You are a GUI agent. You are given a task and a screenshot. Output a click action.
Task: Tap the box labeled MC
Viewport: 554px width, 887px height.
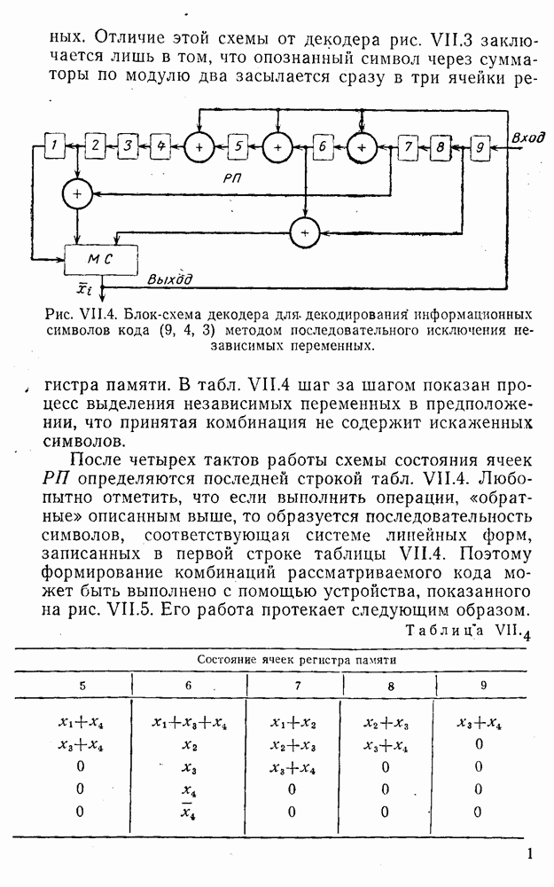102,259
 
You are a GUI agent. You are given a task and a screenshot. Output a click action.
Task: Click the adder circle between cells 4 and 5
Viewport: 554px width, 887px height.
199,145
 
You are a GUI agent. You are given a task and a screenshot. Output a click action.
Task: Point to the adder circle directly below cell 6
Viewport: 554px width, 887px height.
304,231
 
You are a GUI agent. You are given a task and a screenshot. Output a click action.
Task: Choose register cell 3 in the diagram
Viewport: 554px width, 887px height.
128,145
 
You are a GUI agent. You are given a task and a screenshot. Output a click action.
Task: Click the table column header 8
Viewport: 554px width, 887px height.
386,685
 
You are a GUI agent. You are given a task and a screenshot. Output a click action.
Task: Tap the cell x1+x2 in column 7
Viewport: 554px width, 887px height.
290,724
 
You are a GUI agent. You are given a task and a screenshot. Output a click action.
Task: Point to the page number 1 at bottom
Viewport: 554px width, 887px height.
529,855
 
